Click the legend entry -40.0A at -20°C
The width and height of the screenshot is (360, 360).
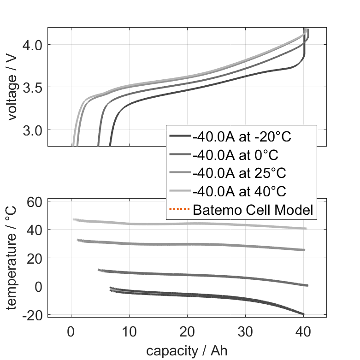pos(242,137)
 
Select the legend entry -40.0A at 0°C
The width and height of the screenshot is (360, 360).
pos(236,155)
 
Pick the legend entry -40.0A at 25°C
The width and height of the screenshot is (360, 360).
pos(239,173)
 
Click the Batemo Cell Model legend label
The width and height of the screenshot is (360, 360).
pos(253,210)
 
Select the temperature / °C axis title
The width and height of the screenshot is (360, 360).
pos(12,258)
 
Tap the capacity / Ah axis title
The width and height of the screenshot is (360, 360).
pos(187,350)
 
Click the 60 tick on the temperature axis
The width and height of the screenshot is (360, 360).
pos(35,201)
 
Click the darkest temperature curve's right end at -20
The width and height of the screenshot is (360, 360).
pos(303,314)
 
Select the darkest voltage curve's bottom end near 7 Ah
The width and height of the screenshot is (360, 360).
pos(110,144)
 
